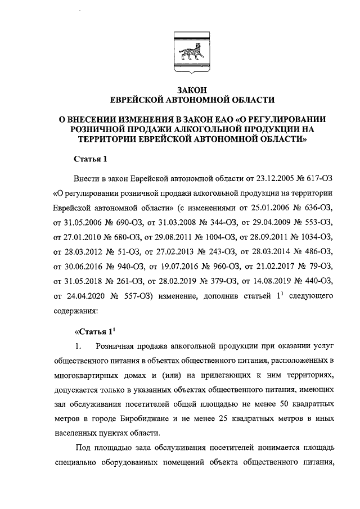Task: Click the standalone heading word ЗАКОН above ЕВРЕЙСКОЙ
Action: click(192, 89)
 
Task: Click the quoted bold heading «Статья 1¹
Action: click(95, 331)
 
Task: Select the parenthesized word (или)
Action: click(170, 375)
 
